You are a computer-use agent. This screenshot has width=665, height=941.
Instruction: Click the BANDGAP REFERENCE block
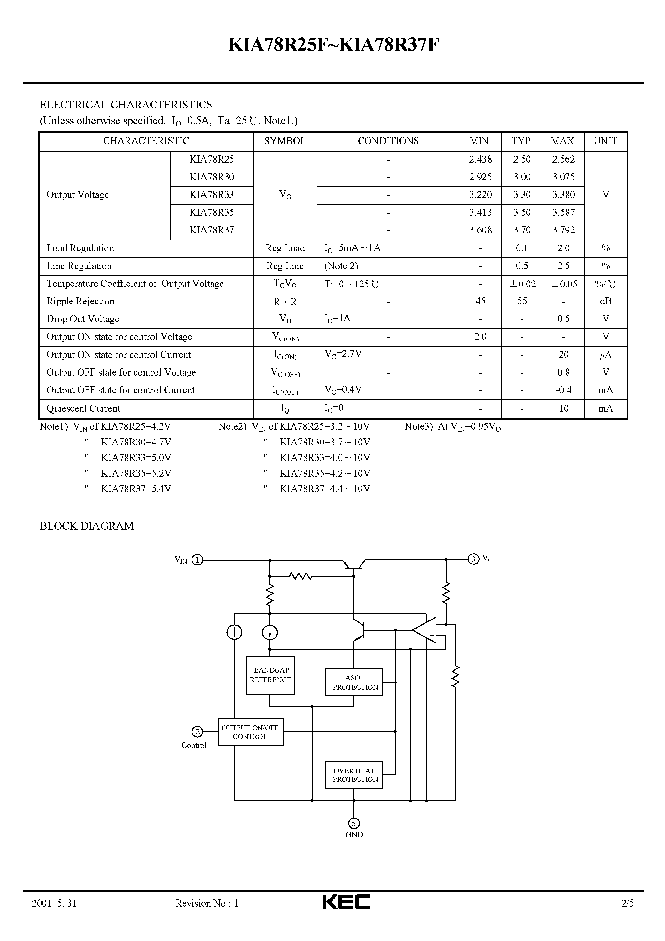pyautogui.click(x=270, y=675)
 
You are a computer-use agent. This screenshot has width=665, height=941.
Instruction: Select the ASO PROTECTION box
pyautogui.click(x=354, y=682)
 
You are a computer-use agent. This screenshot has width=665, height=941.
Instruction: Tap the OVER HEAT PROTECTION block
pyautogui.click(x=354, y=775)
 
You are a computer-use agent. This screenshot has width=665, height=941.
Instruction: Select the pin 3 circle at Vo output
pyautogui.click(x=473, y=559)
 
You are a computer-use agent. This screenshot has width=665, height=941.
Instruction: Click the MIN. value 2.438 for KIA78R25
pyautogui.click(x=480, y=159)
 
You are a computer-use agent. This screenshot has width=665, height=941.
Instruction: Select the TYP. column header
pyautogui.click(x=521, y=141)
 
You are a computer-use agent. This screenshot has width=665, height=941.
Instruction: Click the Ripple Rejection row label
pyautogui.click(x=80, y=301)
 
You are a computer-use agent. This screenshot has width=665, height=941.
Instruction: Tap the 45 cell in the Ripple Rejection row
pyautogui.click(x=480, y=301)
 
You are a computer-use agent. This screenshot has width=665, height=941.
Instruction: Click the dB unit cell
pyautogui.click(x=605, y=301)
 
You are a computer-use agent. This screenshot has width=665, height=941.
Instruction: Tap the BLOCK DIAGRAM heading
pyautogui.click(x=87, y=526)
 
